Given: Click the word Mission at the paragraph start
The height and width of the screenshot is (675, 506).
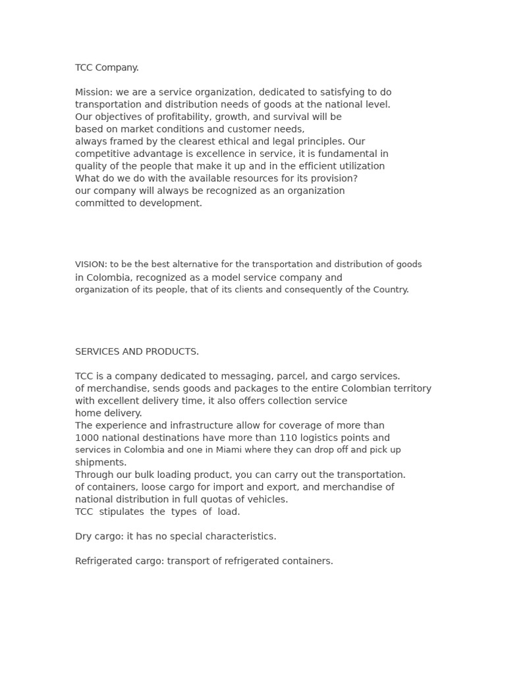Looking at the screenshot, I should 92,92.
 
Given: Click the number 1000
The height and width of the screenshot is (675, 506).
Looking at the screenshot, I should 86,438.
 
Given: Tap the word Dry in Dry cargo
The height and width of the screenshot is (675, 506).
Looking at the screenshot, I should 84,537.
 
